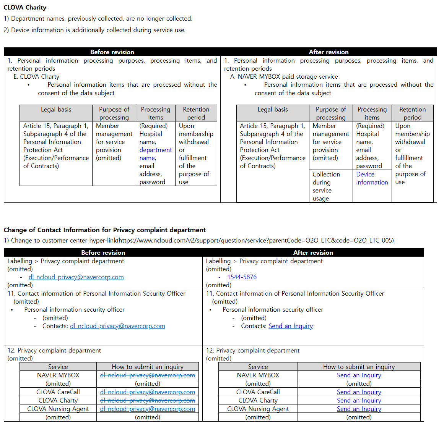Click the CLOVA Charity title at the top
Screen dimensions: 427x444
coord(25,7)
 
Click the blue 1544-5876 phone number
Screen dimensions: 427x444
coord(242,277)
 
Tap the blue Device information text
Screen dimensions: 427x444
coord(372,178)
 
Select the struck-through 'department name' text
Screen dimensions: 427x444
coord(155,154)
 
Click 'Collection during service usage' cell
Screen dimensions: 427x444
coord(326,186)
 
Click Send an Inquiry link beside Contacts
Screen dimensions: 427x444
coord(291,326)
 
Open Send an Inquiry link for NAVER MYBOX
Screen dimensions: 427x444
coord(359,375)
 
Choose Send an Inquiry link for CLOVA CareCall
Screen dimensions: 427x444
coord(359,392)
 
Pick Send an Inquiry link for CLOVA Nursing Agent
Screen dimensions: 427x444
coord(359,409)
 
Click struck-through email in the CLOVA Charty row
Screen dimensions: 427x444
coord(148,400)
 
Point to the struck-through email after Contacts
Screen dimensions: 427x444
coord(117,326)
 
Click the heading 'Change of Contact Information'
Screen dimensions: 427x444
coord(104,230)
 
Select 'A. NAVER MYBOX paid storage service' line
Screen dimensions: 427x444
coord(284,76)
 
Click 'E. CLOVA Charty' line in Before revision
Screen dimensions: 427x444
coord(36,76)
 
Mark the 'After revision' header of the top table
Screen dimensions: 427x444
coord(329,52)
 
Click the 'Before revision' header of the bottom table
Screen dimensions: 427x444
coord(103,252)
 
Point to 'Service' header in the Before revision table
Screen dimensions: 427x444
coord(58,367)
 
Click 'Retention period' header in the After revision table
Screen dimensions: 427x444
coord(412,113)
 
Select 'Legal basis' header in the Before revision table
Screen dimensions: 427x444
coord(56,110)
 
